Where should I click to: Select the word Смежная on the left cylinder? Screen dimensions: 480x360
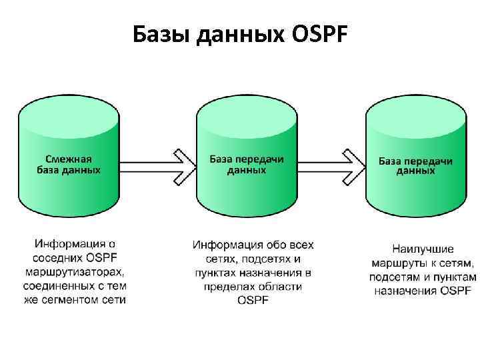point(69,159)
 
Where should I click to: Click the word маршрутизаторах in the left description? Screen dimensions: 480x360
point(75,272)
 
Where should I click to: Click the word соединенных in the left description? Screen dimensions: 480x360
point(58,286)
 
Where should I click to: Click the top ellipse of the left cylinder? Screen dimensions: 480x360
point(69,110)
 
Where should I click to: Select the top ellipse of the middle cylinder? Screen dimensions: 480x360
point(246,110)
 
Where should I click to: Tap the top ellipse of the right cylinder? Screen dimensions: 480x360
point(415,110)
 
